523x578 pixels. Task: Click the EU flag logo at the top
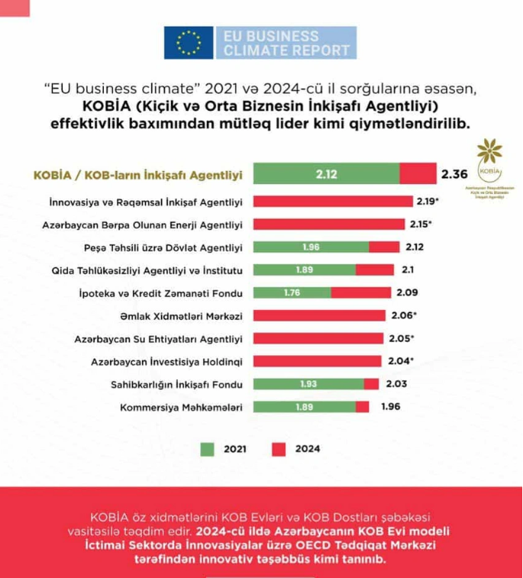[189, 44]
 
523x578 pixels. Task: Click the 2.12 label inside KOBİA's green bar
[325, 174]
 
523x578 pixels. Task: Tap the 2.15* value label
[419, 224]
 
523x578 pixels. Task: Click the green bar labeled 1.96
[310, 247]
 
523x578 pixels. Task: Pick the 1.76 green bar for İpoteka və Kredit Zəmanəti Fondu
[292, 292]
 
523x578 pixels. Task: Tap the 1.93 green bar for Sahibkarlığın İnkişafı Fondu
[308, 384]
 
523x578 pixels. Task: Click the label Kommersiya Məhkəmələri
[181, 407]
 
